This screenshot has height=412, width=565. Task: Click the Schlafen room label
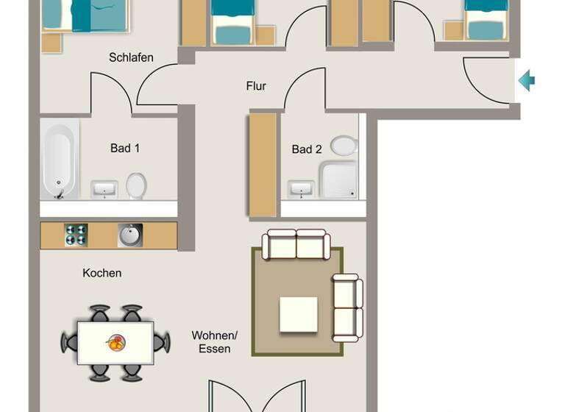(x=131, y=57)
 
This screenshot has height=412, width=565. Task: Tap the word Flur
(x=256, y=86)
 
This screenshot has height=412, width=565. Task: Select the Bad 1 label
(x=125, y=148)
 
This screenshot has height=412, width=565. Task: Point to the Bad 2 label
(x=307, y=149)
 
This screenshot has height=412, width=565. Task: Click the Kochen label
(x=102, y=273)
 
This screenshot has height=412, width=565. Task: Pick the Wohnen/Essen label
(x=214, y=342)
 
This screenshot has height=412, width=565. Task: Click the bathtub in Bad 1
(x=60, y=160)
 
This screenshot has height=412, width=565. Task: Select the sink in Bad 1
(x=104, y=190)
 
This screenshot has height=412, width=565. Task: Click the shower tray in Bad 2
(x=338, y=180)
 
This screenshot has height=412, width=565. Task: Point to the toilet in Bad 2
(x=343, y=145)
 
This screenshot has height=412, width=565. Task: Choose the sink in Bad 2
(x=299, y=190)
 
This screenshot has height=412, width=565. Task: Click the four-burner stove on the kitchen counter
(x=76, y=235)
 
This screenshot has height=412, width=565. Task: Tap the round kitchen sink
(x=130, y=235)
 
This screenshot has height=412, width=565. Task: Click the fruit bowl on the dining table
(x=116, y=342)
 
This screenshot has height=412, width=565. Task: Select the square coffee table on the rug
(x=298, y=314)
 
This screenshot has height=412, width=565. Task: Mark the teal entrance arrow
(x=526, y=80)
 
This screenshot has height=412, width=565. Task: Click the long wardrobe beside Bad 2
(x=263, y=164)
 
